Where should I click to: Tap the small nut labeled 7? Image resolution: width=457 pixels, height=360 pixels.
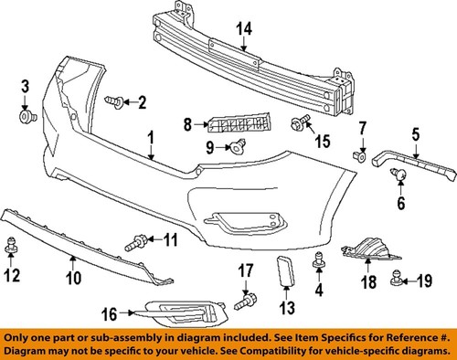[362, 156]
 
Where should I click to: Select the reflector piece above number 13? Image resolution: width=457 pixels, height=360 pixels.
[284, 272]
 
